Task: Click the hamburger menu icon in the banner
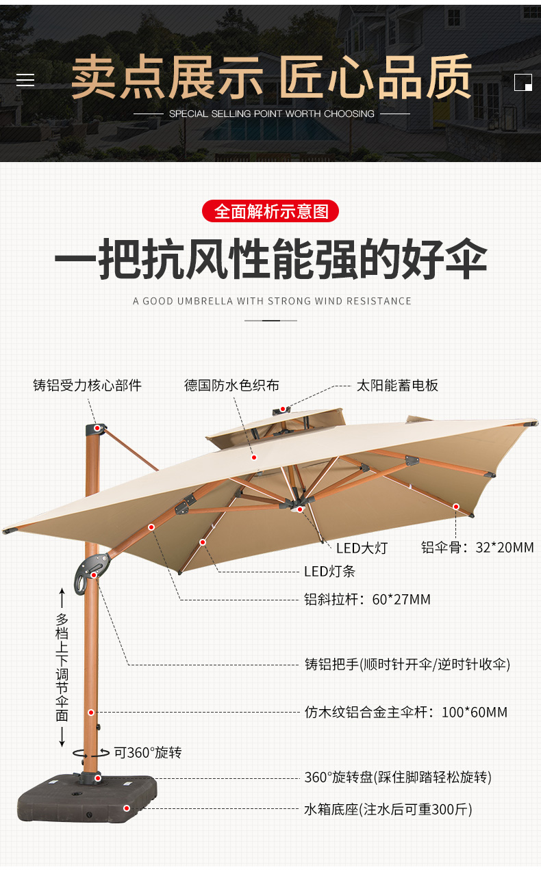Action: click(x=25, y=80)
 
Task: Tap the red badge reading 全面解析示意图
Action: click(x=270, y=211)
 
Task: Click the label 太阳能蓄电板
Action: click(x=397, y=386)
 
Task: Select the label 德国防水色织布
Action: click(x=231, y=386)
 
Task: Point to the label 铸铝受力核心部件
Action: click(x=87, y=386)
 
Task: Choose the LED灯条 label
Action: click(x=330, y=572)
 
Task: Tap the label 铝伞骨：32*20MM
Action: click(x=477, y=548)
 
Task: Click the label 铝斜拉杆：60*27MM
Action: click(x=368, y=599)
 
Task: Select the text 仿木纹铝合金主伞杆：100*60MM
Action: click(x=406, y=712)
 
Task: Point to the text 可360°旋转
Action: click(x=148, y=752)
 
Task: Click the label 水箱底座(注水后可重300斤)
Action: click(x=388, y=809)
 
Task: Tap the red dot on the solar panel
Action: click(x=282, y=409)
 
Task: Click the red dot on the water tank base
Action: click(x=127, y=808)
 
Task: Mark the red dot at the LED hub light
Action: click(x=300, y=509)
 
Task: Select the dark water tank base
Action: click(x=87, y=798)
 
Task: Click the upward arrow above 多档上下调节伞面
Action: click(x=62, y=599)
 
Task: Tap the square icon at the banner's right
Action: click(x=523, y=82)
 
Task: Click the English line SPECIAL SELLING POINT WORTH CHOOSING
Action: click(x=271, y=114)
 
